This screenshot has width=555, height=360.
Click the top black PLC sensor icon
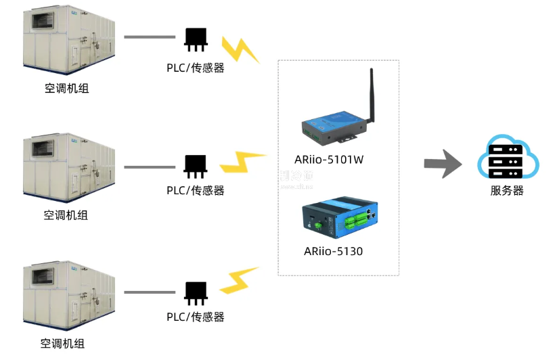tap(196, 39)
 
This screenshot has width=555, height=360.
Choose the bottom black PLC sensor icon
tap(196, 292)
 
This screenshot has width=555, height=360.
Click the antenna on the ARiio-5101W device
tap(371, 95)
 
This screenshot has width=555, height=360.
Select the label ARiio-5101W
tap(330, 160)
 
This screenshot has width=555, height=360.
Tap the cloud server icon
tap(508, 157)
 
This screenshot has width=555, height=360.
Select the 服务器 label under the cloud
tap(507, 191)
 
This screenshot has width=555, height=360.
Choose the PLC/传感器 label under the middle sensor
tap(196, 190)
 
